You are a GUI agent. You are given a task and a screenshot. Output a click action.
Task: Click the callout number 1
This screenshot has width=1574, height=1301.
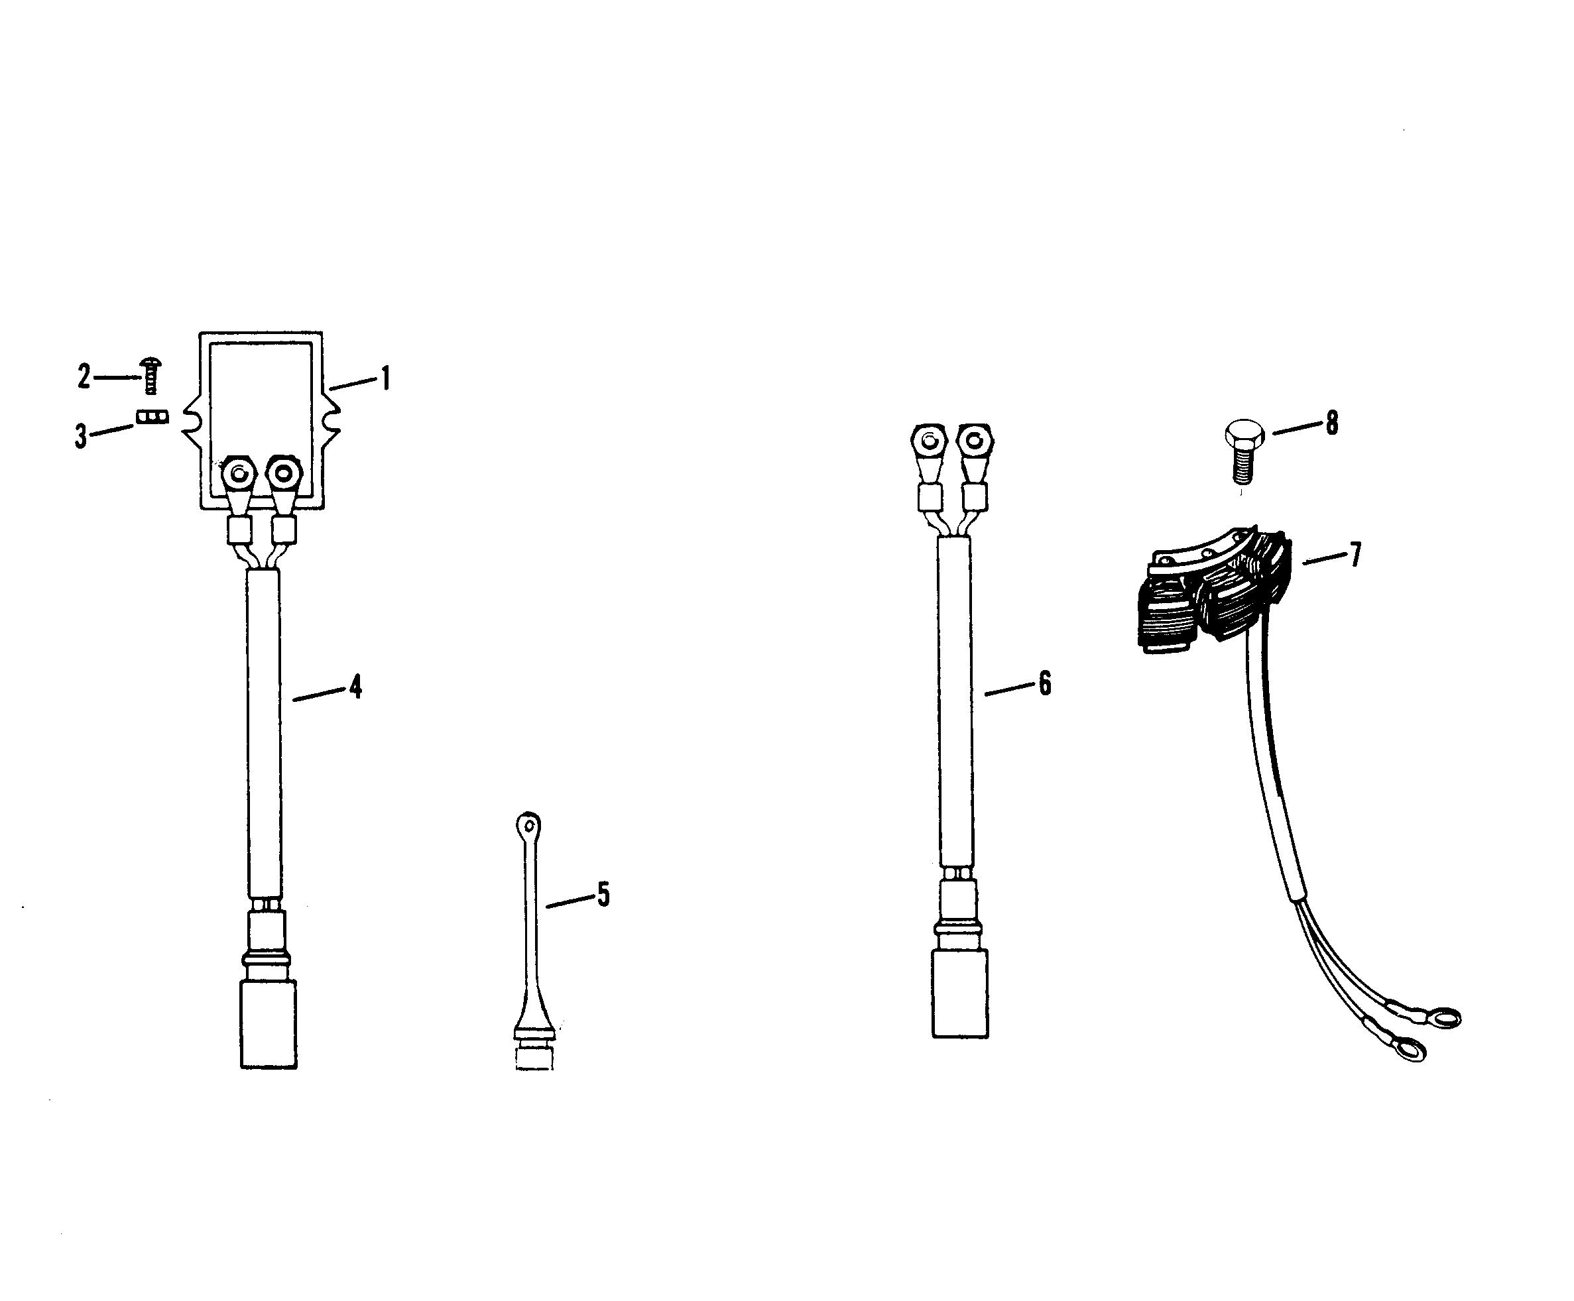tap(385, 379)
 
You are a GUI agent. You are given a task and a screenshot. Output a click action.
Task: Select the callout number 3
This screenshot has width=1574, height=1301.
tap(81, 435)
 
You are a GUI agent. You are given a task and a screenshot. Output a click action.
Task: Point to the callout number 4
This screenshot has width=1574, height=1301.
tap(356, 687)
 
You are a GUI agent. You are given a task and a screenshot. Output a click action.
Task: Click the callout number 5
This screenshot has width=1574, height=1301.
tap(603, 894)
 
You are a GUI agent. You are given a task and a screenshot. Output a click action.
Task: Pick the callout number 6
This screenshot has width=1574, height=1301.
tap(1045, 683)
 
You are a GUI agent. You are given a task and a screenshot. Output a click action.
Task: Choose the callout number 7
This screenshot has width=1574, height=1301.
tap(1355, 555)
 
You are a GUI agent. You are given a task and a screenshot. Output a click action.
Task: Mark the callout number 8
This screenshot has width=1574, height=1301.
tap(1332, 424)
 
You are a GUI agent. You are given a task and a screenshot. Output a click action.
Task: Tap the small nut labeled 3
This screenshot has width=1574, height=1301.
tap(153, 417)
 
